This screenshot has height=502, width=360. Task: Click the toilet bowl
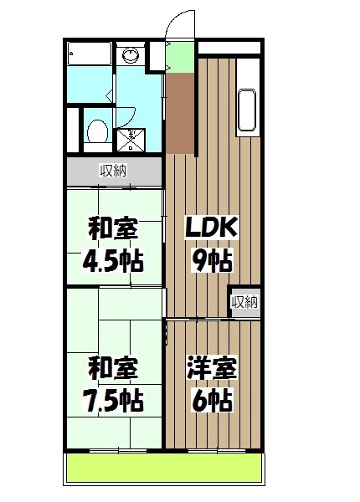(96, 131)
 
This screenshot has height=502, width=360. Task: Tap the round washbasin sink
(131, 56)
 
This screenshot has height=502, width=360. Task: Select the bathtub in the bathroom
(87, 55)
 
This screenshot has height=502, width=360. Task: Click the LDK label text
(212, 227)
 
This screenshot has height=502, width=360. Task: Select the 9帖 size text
(213, 260)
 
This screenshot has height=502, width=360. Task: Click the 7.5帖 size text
(111, 400)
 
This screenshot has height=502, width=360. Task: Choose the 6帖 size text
(213, 400)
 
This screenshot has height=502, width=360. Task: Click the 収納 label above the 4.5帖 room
(113, 172)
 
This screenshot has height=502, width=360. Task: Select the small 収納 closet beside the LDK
(244, 302)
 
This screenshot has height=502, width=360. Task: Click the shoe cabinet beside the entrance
(156, 54)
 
